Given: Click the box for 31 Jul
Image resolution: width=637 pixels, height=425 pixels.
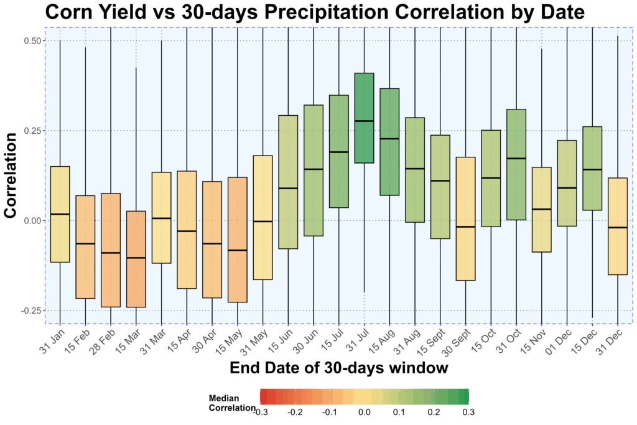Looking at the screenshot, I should pos(364,118).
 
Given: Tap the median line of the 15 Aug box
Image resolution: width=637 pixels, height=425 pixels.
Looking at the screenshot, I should pos(389,139).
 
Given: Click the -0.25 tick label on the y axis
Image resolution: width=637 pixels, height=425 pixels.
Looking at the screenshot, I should pos(29,311).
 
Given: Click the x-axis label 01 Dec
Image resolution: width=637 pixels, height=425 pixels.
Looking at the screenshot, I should pos(560,340).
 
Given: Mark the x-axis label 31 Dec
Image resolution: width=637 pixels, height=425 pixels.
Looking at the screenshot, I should pos(611,340).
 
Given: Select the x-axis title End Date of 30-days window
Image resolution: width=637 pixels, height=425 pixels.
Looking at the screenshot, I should pos(338,368).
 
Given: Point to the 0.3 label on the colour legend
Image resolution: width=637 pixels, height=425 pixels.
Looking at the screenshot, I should pos(468,412).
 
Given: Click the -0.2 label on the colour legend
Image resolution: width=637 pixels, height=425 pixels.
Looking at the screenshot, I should pos(295,412).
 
